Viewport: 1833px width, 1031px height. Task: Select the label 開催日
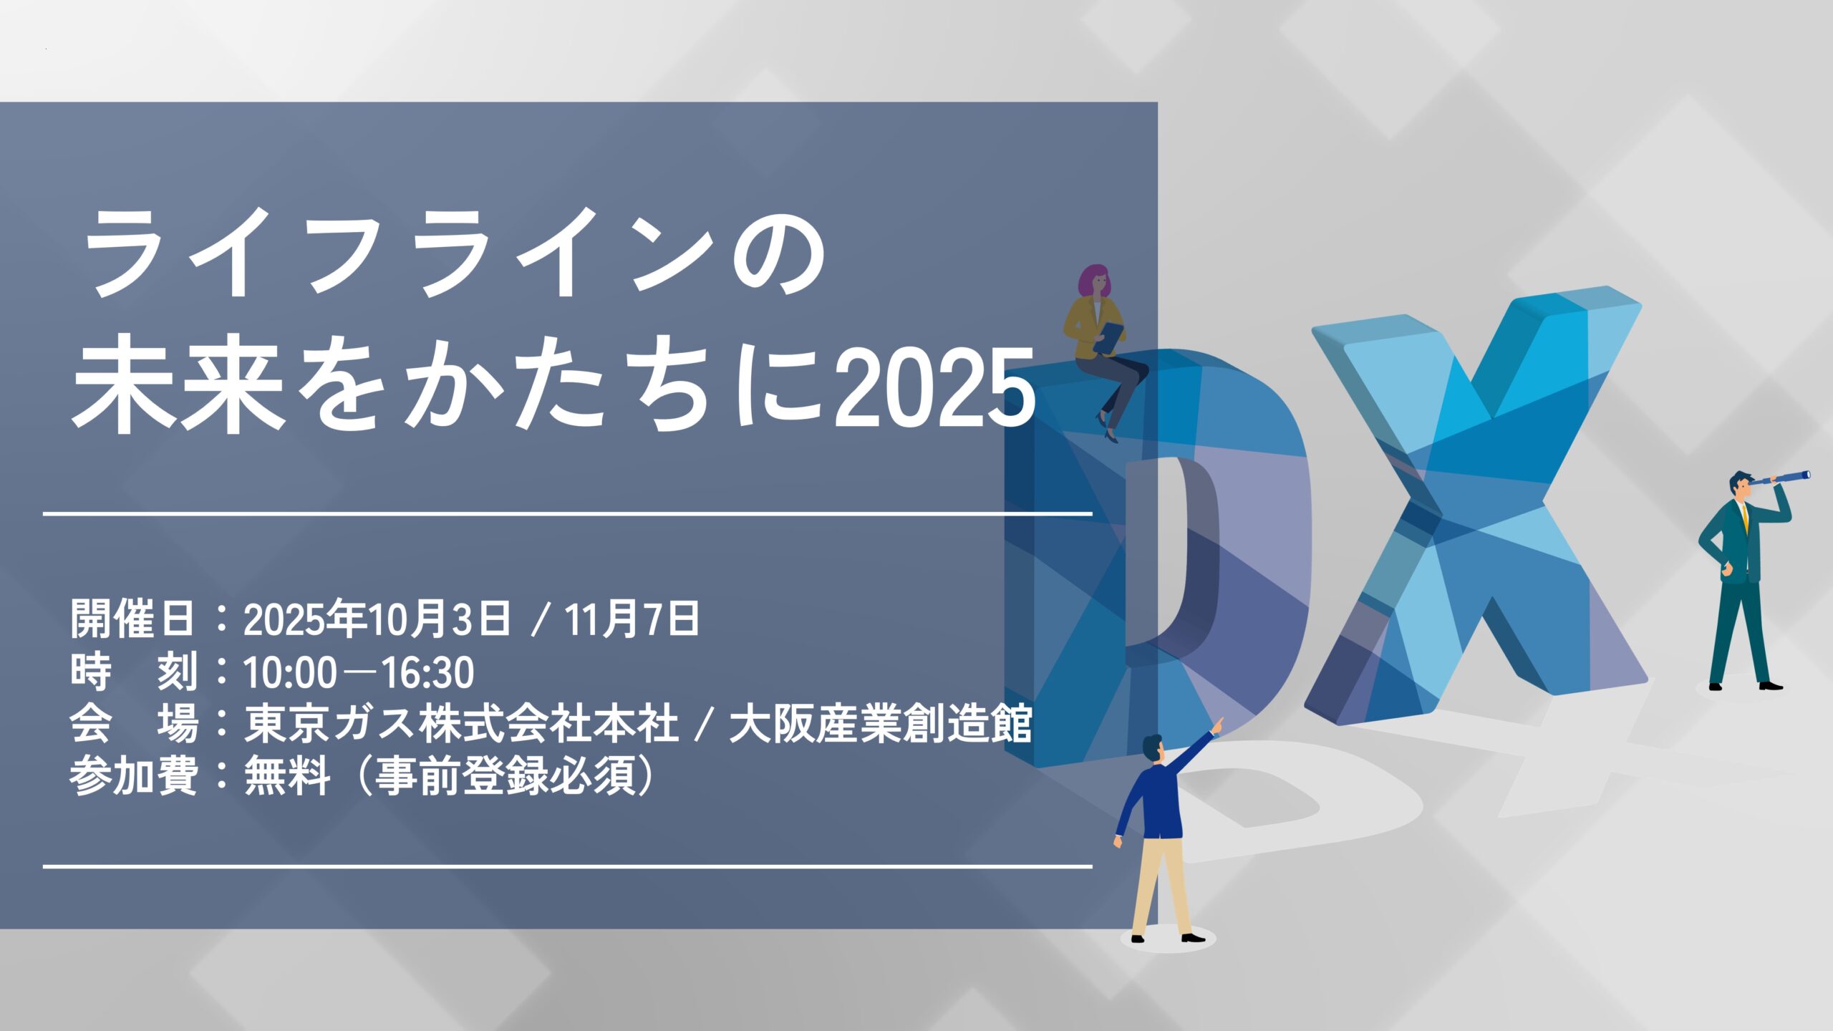pos(133,619)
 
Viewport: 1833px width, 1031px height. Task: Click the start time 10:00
pos(290,673)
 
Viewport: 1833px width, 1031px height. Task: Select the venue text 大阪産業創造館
pos(879,725)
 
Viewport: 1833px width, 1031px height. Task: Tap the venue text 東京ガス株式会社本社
pos(461,725)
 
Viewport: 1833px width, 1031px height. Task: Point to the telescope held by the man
pos(1786,478)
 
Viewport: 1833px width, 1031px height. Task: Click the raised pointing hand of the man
pos(1217,725)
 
